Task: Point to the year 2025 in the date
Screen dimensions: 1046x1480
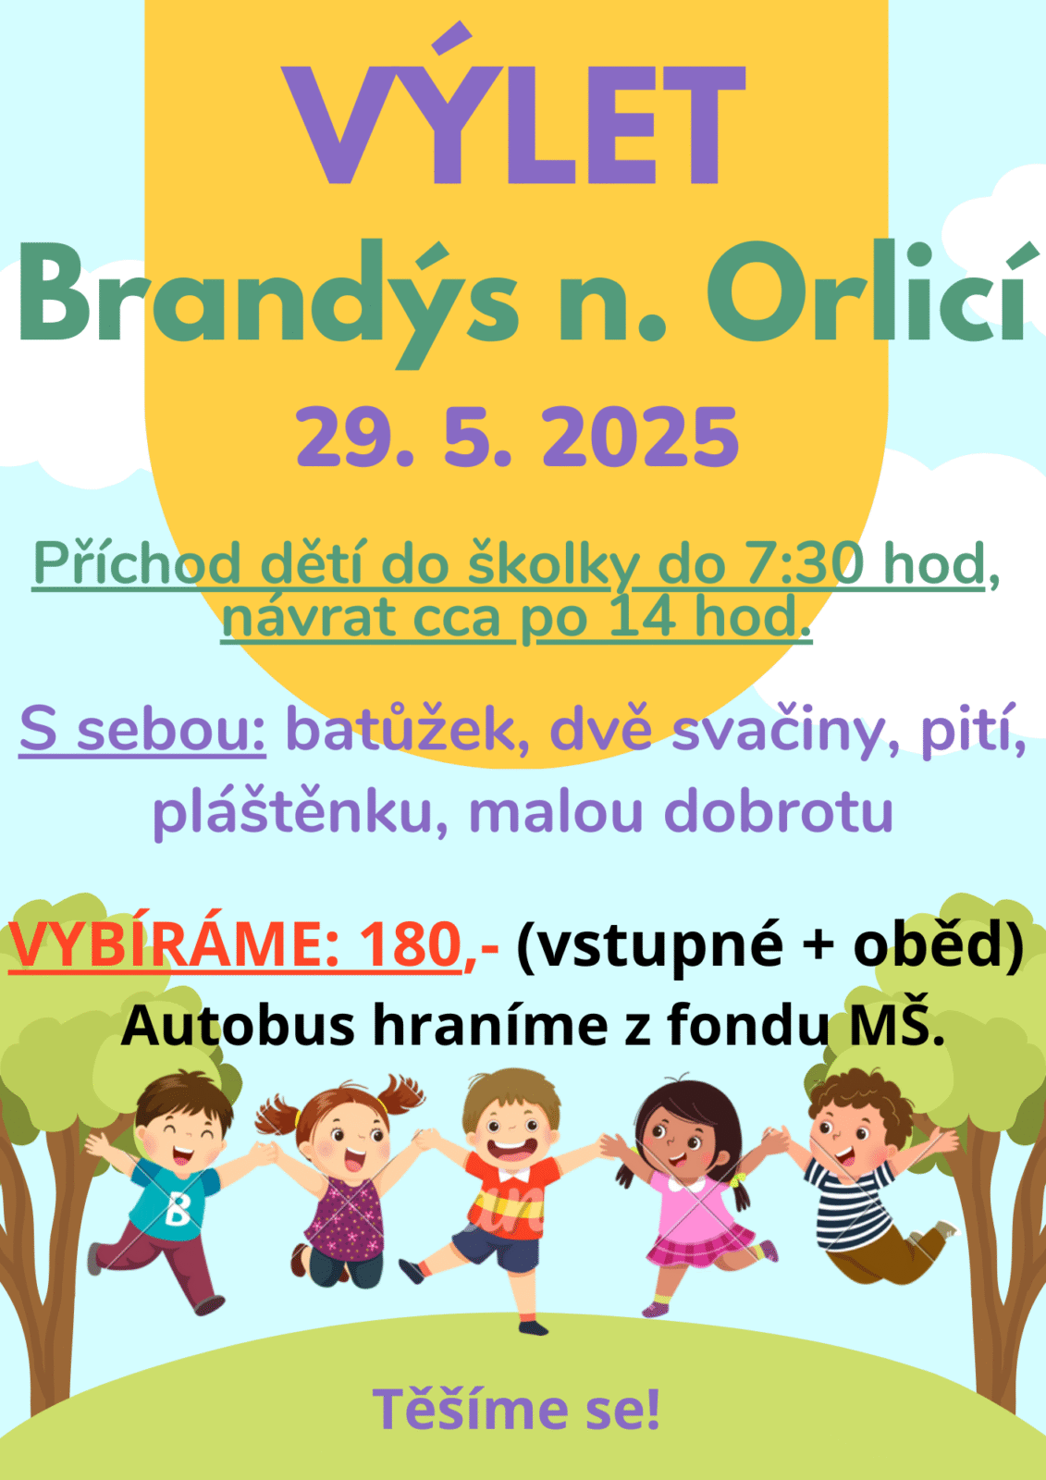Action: click(x=640, y=437)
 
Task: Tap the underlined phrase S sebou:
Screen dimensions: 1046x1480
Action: click(x=142, y=730)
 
